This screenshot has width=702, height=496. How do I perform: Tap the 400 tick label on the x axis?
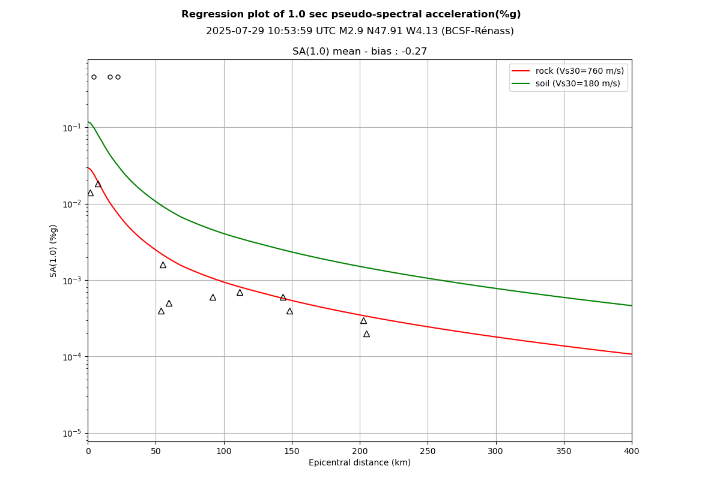(x=632, y=451)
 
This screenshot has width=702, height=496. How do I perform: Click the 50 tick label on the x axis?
(x=156, y=451)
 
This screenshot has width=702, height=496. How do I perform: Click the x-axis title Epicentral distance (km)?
(x=359, y=463)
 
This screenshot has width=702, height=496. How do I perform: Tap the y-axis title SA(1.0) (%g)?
(x=54, y=251)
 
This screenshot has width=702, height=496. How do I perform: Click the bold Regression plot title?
(x=351, y=14)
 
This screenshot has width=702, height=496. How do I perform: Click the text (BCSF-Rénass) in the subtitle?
(x=477, y=31)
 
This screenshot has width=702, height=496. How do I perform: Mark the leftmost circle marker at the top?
(x=94, y=77)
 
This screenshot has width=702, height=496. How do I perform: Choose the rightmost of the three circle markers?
(x=118, y=77)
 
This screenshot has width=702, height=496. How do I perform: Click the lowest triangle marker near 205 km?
(x=366, y=334)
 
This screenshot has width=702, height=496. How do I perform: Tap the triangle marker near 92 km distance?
(x=213, y=297)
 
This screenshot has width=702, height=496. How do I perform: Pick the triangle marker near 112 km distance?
(x=240, y=293)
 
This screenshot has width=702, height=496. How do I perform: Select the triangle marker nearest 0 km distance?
(x=90, y=193)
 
